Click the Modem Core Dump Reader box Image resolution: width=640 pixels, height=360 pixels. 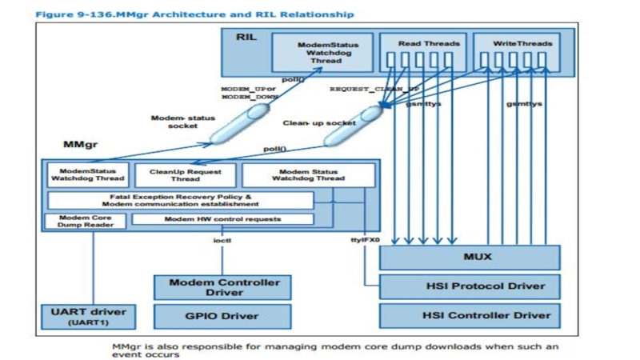(85, 221)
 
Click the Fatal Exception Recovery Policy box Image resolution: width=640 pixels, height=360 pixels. (181, 199)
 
